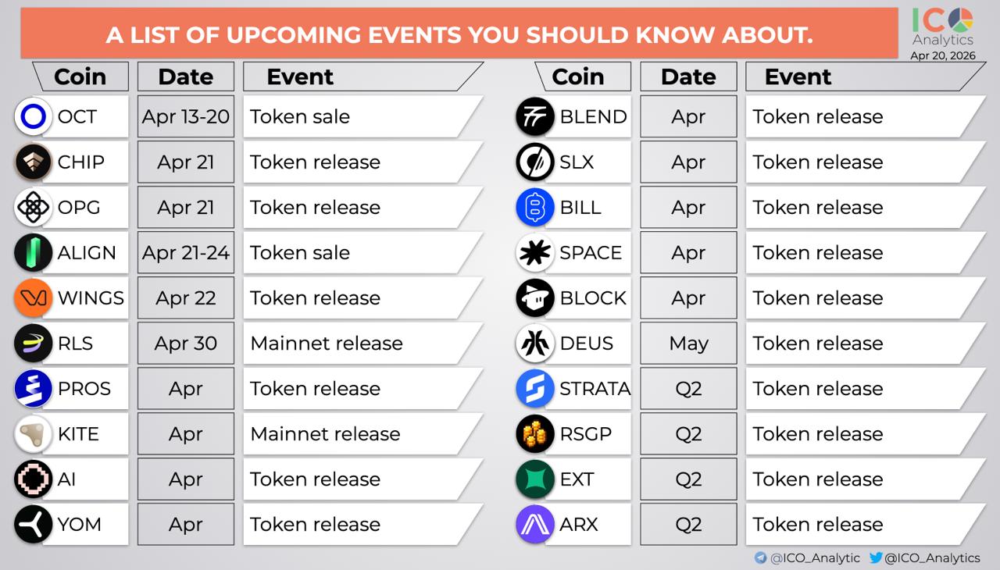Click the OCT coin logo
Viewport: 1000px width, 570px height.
click(x=34, y=116)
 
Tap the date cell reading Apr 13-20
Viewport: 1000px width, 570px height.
click(x=186, y=116)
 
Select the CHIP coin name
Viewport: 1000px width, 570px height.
click(x=80, y=162)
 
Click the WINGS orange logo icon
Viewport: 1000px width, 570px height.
click(x=34, y=298)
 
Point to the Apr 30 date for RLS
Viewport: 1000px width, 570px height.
click(x=186, y=344)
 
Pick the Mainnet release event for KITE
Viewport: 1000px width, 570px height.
click(x=326, y=434)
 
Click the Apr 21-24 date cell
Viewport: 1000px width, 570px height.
click(x=186, y=252)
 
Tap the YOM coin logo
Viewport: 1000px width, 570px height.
click(x=34, y=524)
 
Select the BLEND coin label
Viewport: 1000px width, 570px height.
click(x=593, y=117)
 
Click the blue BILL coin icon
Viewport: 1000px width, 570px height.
click(x=535, y=208)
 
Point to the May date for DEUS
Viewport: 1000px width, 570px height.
click(x=688, y=344)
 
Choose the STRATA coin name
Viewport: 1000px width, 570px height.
click(x=595, y=389)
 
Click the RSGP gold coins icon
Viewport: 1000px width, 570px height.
click(x=535, y=434)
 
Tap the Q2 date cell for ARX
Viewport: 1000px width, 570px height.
click(x=688, y=524)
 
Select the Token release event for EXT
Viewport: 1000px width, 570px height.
click(x=818, y=479)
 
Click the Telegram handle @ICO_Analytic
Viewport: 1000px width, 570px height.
click(x=815, y=558)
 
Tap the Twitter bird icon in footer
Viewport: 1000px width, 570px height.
click(x=876, y=558)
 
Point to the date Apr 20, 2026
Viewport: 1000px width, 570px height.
click(x=943, y=55)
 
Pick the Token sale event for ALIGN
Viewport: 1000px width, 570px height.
click(x=299, y=253)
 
